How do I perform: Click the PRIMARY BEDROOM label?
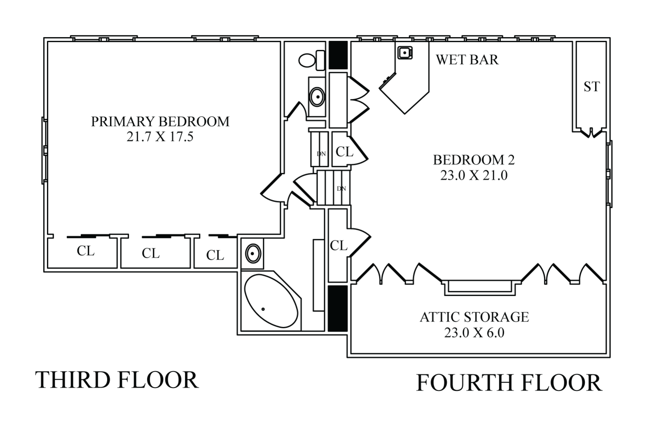click(x=160, y=122)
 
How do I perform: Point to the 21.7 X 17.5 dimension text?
click(x=160, y=137)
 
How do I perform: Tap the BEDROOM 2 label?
click(x=474, y=160)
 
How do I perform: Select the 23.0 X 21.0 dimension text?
click(x=474, y=175)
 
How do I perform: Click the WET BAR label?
click(x=467, y=60)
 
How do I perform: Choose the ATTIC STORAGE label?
click(x=474, y=317)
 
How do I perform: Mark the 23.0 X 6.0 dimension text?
click(x=474, y=332)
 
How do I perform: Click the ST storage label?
click(x=591, y=87)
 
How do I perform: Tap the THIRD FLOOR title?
click(x=118, y=380)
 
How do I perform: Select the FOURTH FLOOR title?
click(x=509, y=383)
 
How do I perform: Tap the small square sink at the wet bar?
click(x=405, y=52)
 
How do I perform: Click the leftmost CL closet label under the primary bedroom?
click(x=86, y=251)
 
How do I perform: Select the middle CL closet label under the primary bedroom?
click(x=151, y=253)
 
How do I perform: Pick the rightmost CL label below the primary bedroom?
click(x=215, y=255)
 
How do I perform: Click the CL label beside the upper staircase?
click(x=344, y=152)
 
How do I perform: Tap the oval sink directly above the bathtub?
click(x=252, y=252)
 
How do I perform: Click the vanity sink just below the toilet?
click(x=317, y=97)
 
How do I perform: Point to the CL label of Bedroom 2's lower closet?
click(x=339, y=246)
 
